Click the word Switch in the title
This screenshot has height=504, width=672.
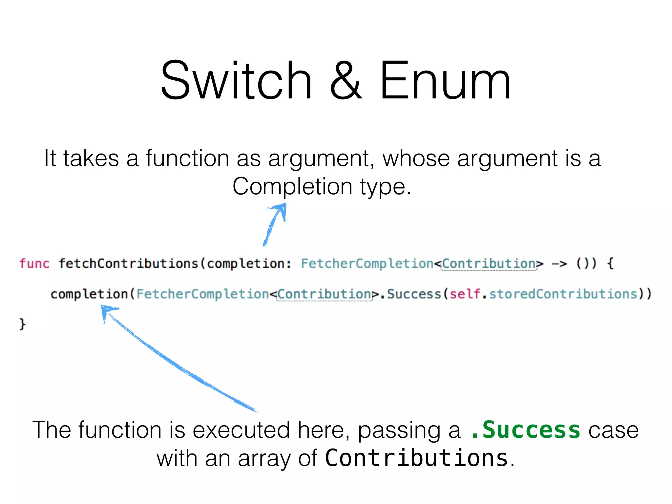pyautogui.click(x=236, y=80)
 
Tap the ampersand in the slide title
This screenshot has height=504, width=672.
pyautogui.click(x=346, y=80)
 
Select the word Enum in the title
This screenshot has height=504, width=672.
pyautogui.click(x=445, y=80)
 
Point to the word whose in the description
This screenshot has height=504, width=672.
pyautogui.click(x=416, y=159)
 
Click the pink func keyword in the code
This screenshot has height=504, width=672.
pyautogui.click(x=34, y=264)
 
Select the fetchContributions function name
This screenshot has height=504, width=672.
pyautogui.click(x=128, y=264)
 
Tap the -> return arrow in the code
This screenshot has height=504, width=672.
pyautogui.click(x=559, y=264)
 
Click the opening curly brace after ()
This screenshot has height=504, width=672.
pyautogui.click(x=610, y=264)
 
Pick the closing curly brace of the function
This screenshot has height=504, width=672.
pyautogui.click(x=22, y=324)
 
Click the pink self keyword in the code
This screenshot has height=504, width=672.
pyautogui.click(x=465, y=294)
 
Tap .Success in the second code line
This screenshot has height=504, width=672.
pyautogui.click(x=411, y=294)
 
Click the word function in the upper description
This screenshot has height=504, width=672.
pyautogui.click(x=187, y=159)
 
